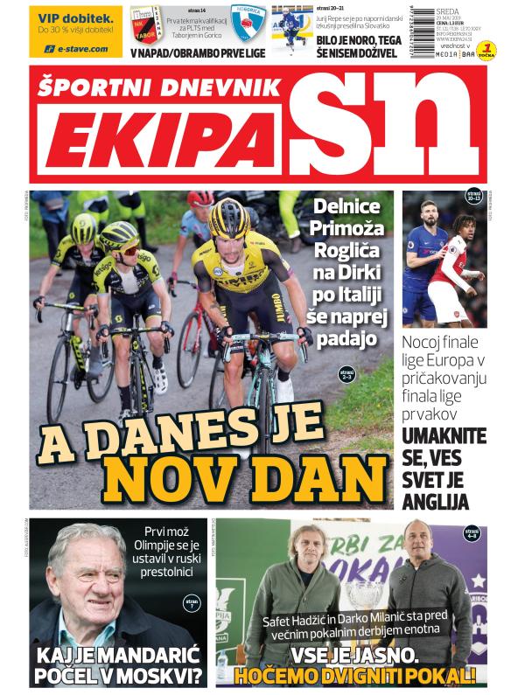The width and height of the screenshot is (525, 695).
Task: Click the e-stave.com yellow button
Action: click(76, 49)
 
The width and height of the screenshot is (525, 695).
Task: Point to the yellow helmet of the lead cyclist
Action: click(229, 216)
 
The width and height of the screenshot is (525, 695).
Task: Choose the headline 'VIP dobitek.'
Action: click(76, 17)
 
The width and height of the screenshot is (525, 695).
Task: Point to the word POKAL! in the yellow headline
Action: click(434, 676)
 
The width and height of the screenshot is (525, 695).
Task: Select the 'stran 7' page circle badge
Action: click(192, 603)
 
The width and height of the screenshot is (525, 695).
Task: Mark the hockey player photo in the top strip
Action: click(291, 29)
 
